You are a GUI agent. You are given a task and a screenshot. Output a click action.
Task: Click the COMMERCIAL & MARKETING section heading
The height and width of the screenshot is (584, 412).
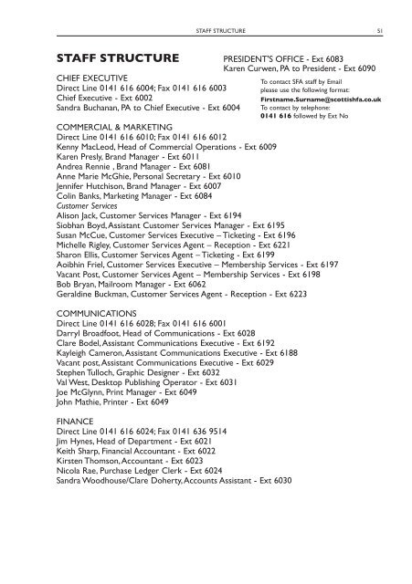pos(114,127)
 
